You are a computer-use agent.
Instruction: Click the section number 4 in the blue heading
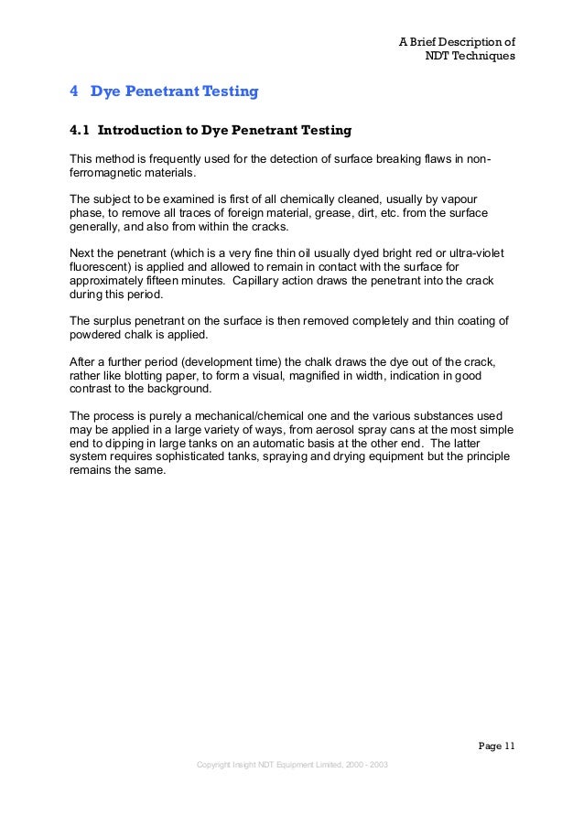tap(74, 91)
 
